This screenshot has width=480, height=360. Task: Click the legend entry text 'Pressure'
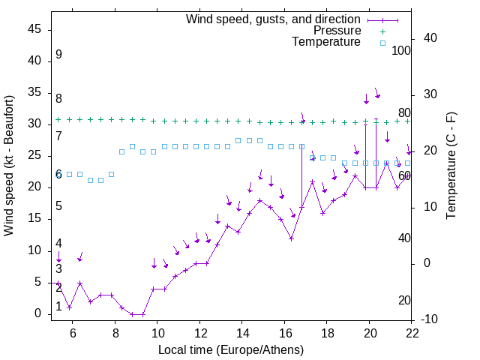point(337,31)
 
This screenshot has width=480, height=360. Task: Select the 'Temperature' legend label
point(326,42)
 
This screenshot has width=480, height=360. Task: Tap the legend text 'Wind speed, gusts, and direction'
point(273,19)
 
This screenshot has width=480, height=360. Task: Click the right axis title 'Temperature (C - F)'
point(451,166)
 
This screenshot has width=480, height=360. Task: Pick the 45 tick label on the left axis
point(34,28)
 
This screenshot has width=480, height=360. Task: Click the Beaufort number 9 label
point(58,55)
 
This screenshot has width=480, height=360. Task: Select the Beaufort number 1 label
point(58,307)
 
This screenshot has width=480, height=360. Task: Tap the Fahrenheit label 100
point(401,51)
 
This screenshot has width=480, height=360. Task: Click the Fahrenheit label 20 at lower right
point(404,301)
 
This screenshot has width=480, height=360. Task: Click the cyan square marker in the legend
point(382,43)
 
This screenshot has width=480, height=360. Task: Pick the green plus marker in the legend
point(382,31)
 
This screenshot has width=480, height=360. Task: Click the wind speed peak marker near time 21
point(387,162)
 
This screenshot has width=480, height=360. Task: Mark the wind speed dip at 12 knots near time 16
point(291,238)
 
